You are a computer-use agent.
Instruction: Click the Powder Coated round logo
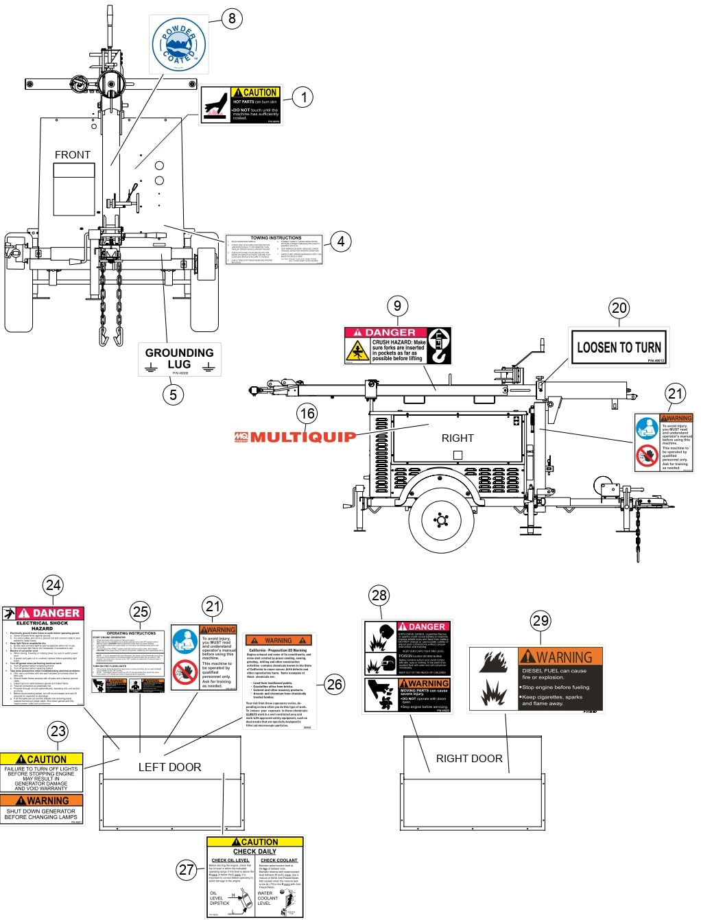click(179, 45)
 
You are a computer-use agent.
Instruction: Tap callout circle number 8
click(232, 19)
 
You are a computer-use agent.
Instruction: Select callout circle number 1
click(303, 97)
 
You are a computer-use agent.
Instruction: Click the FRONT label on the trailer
click(73, 155)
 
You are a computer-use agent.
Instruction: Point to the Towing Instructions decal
click(274, 250)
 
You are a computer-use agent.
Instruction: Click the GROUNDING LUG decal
click(180, 359)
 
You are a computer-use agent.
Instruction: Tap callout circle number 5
click(173, 394)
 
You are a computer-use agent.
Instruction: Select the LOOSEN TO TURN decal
click(619, 347)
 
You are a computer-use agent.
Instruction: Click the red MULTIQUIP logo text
click(296, 437)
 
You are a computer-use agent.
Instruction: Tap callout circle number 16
click(307, 413)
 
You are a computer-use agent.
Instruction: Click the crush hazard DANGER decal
click(398, 346)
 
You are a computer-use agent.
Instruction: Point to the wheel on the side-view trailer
click(441, 520)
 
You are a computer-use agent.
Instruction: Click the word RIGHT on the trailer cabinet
click(458, 438)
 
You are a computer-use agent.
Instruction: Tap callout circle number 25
click(141, 611)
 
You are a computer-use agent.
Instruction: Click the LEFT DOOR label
click(169, 767)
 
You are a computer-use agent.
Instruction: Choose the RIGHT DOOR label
click(469, 758)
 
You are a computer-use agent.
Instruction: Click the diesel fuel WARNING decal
click(536, 679)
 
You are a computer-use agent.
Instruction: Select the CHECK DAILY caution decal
click(254, 876)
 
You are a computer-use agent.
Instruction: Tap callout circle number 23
click(58, 731)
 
